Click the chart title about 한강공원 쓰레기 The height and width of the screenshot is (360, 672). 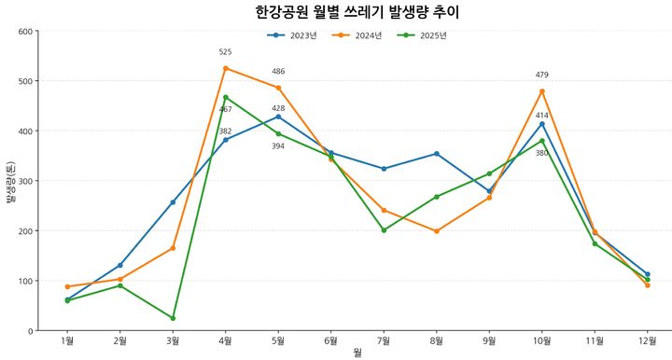coord(357,12)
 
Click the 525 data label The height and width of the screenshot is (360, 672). coord(226,53)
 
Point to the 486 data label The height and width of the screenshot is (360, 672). coord(278,72)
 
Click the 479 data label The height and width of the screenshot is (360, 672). coord(542,75)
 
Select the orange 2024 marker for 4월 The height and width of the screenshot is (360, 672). coord(226,68)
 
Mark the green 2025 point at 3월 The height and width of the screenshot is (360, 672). coord(173,318)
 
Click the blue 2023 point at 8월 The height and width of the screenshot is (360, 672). coord(437,154)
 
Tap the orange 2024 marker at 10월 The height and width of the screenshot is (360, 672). coord(542,91)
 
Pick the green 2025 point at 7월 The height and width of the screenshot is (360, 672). coord(384,230)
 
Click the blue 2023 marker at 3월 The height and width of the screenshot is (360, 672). coord(173,202)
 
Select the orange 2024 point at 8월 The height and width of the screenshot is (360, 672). coord(437,231)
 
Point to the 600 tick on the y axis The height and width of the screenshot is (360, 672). coord(25,32)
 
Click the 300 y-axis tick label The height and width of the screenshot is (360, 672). coord(25,181)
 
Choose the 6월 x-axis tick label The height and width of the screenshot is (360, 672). coord(331,340)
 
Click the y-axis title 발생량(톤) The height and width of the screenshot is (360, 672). coord(9,181)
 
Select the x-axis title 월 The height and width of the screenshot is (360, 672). coord(357,353)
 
